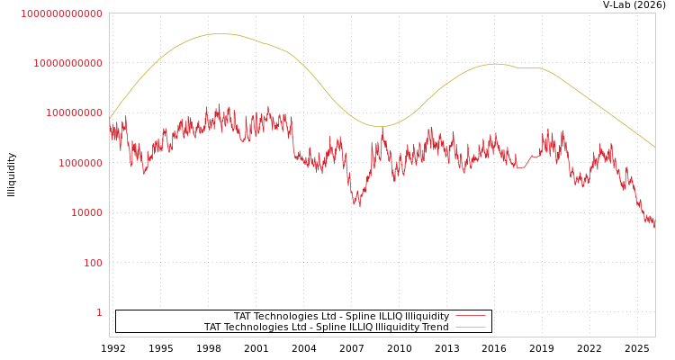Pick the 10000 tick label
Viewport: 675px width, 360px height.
[86, 213]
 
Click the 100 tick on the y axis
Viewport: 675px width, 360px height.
[93, 263]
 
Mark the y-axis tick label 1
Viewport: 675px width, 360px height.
[99, 312]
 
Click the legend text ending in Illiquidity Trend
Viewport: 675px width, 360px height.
[326, 328]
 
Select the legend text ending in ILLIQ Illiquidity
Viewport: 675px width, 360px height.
[341, 317]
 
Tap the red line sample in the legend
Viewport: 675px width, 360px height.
[470, 316]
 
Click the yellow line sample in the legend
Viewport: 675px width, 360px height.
[470, 327]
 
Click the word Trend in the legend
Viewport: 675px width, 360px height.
[436, 328]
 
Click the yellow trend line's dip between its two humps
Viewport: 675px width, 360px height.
[380, 127]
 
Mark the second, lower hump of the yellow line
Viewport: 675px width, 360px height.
[495, 64]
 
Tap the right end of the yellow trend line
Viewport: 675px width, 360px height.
[654, 147]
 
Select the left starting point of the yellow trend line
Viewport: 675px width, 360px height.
[110, 119]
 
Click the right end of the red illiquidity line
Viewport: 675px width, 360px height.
[654, 225]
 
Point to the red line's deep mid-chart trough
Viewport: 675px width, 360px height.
[358, 205]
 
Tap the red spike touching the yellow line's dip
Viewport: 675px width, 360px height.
[382, 130]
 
